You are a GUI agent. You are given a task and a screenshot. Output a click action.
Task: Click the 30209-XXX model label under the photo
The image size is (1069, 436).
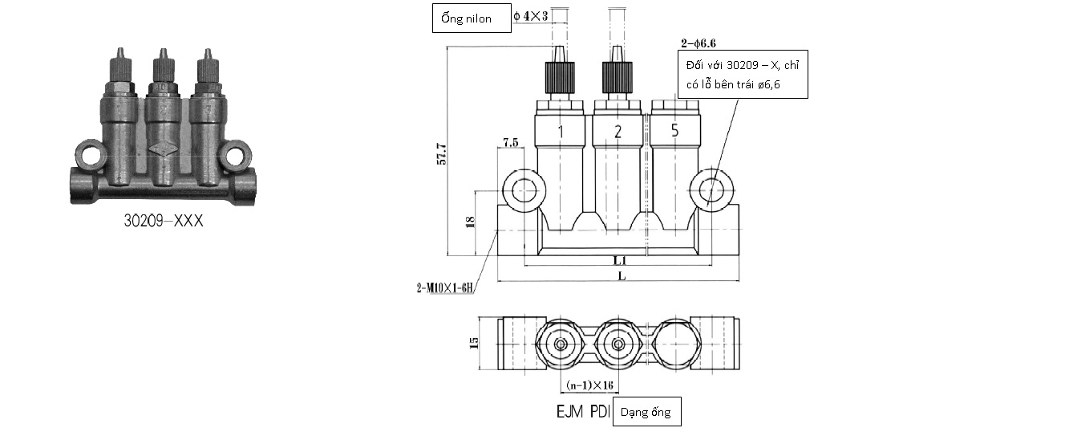[x=164, y=220]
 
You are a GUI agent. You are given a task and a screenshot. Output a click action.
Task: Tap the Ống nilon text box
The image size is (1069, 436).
[x=472, y=18]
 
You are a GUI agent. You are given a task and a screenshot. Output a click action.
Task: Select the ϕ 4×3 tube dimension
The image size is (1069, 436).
[x=531, y=16]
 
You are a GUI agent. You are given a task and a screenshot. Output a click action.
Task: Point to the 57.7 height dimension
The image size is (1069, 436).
[x=442, y=154]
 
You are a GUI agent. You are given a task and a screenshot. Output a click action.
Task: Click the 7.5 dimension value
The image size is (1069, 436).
[x=511, y=142]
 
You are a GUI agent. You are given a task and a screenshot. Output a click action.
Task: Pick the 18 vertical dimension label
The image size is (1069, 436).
[x=470, y=222]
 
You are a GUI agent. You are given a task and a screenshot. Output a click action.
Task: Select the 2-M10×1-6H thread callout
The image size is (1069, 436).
[x=445, y=287]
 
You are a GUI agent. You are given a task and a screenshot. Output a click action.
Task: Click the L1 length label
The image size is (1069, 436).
[x=619, y=260]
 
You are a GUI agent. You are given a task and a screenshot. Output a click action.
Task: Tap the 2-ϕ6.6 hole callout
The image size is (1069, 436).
[x=698, y=43]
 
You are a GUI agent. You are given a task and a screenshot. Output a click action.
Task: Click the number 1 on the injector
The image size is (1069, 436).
[x=561, y=132]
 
